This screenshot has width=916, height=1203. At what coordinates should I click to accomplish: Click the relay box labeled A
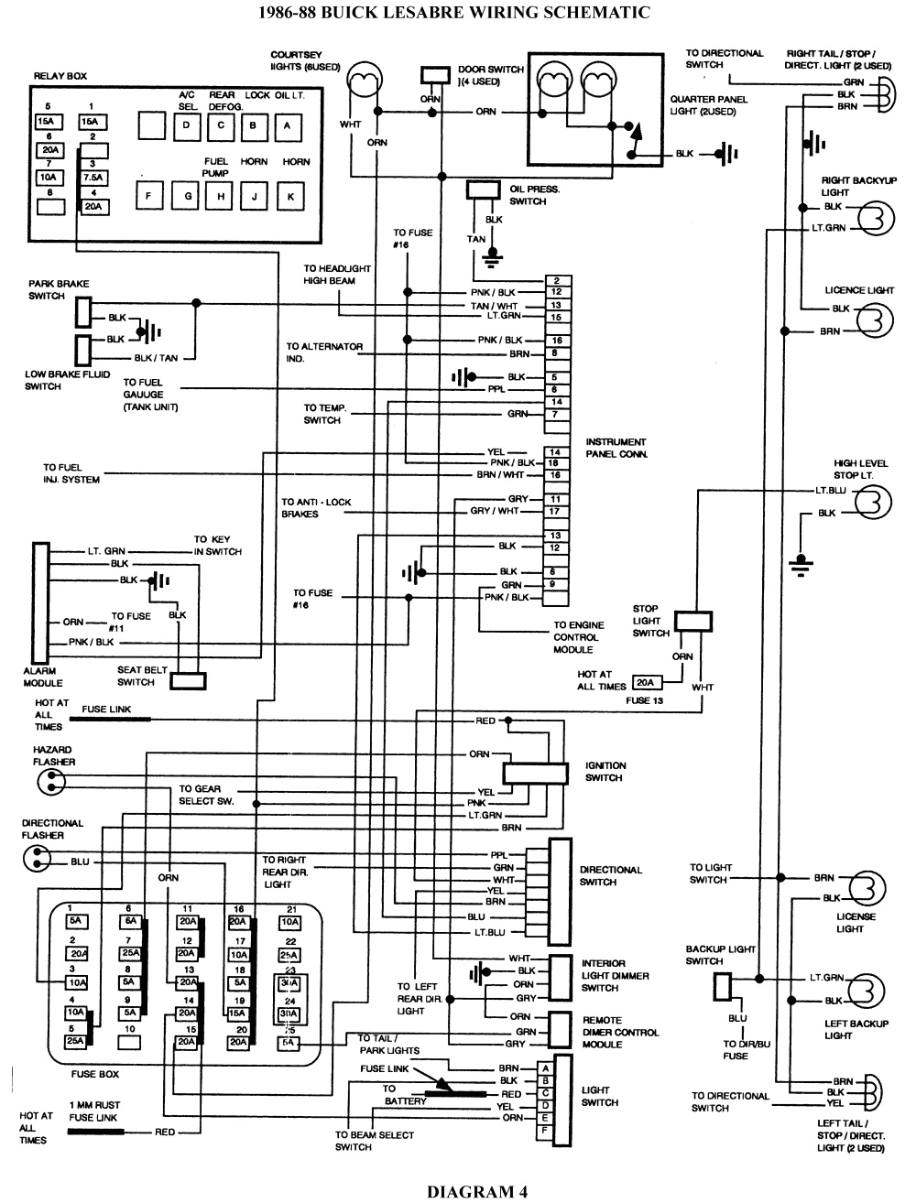(x=288, y=125)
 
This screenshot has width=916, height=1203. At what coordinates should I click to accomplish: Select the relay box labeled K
(x=290, y=195)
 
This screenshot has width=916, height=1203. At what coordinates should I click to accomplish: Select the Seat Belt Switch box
(x=188, y=681)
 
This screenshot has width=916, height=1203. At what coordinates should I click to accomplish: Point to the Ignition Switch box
(x=535, y=772)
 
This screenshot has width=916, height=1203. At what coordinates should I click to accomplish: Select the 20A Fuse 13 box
(x=646, y=683)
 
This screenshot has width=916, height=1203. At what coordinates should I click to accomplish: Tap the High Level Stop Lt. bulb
(x=874, y=501)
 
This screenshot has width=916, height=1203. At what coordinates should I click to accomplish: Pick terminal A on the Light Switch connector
(x=546, y=1068)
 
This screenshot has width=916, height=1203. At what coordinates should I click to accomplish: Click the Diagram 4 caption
(x=476, y=1191)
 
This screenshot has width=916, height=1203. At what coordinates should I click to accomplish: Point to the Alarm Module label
(x=43, y=677)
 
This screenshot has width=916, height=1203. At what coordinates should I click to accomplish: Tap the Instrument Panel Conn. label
(x=616, y=448)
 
